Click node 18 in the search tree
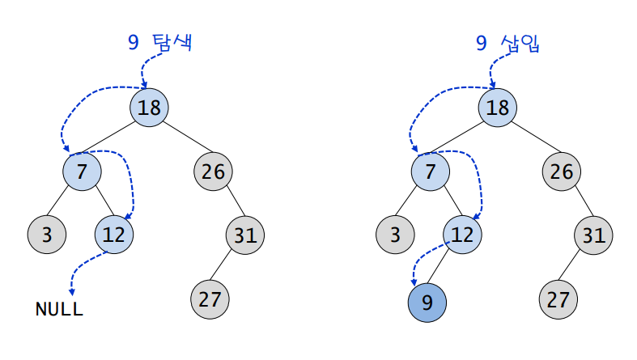[149, 108]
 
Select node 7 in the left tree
[82, 172]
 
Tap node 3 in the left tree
[47, 235]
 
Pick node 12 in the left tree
[114, 235]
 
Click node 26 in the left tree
[213, 172]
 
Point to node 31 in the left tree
[244, 235]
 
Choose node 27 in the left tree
[210, 299]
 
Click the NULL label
[59, 309]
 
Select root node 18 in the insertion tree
[497, 108]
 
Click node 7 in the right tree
[430, 172]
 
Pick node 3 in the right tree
[395, 235]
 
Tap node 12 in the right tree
[462, 235]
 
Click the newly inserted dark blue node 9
[427, 302]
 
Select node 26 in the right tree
[561, 172]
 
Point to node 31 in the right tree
[592, 235]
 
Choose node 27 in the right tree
[558, 299]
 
